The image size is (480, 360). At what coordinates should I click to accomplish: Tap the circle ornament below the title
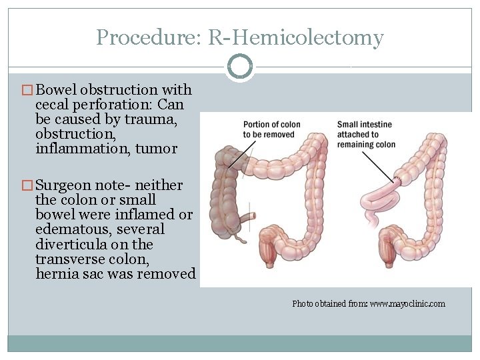[240, 67]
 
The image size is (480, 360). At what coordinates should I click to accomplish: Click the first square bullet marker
[28, 90]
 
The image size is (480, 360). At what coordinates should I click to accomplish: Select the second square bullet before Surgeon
[28, 185]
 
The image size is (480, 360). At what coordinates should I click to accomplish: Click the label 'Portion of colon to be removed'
[269, 129]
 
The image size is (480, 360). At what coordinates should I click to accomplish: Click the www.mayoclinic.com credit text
[407, 304]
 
